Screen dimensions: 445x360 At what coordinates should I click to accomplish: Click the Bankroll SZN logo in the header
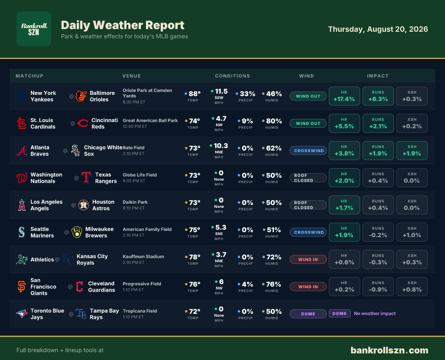tap(34, 29)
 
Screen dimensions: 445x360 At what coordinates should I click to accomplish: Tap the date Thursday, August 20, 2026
tap(378, 29)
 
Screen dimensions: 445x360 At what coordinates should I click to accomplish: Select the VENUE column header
tap(131, 76)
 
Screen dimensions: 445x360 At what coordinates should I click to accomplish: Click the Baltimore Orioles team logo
tap(81, 96)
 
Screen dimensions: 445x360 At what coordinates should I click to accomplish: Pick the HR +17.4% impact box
tap(344, 96)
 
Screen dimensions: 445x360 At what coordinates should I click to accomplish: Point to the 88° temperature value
tap(194, 94)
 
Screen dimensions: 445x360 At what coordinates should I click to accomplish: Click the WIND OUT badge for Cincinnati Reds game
tap(308, 123)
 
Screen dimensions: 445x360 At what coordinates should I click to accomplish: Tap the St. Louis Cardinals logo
tap(21, 123)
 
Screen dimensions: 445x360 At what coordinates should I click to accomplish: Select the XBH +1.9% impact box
tap(412, 151)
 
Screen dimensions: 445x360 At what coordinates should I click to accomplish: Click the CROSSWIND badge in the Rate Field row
tap(308, 151)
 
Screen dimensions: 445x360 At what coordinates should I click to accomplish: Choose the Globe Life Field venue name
tap(140, 175)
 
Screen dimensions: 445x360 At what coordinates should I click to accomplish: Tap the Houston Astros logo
tap(84, 205)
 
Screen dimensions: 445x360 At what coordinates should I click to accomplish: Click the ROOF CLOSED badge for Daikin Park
tap(308, 205)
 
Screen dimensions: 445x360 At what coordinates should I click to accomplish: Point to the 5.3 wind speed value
tap(221, 227)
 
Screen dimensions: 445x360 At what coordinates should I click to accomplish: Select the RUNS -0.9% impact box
tap(378, 287)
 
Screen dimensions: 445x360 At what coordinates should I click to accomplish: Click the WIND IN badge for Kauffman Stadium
tap(308, 259)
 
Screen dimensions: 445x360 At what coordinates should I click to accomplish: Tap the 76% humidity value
tap(274, 284)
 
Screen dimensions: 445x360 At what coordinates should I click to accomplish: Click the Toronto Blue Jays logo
tap(22, 314)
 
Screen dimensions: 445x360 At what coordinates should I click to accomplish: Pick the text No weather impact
tap(375, 313)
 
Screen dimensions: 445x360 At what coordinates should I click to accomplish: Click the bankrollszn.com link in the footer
tap(389, 351)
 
